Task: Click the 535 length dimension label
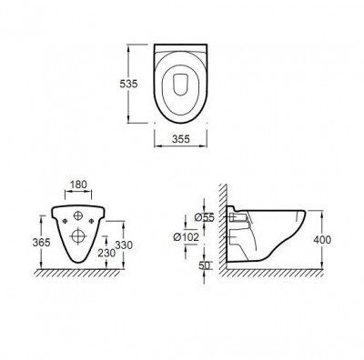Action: (128, 84)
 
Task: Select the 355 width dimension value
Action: (181, 139)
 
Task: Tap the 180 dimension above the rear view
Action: (78, 185)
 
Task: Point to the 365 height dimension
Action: (41, 242)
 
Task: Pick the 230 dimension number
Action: (106, 253)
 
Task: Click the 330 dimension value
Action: (124, 245)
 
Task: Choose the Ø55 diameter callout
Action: (205, 217)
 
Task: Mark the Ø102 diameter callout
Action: (186, 236)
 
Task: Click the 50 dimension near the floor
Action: (204, 265)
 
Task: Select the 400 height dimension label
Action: (322, 240)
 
